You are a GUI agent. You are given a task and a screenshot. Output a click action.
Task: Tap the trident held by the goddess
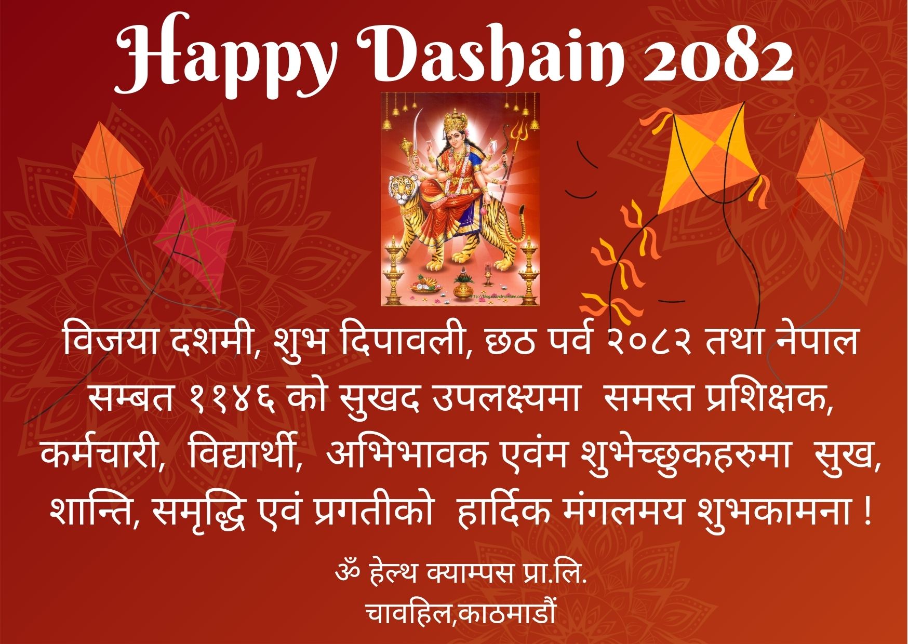516,156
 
